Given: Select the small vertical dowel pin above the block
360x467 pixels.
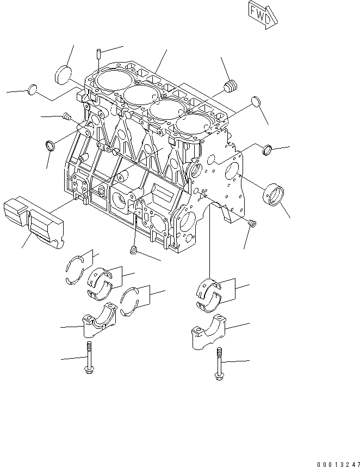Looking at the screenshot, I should [97, 53].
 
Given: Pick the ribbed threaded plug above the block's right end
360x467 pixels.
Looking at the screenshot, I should [231, 85].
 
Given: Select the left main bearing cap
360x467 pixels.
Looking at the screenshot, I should [98, 325].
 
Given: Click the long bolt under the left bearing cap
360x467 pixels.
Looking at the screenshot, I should [88, 359].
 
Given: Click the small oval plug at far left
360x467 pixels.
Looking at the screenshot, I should [33, 89].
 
